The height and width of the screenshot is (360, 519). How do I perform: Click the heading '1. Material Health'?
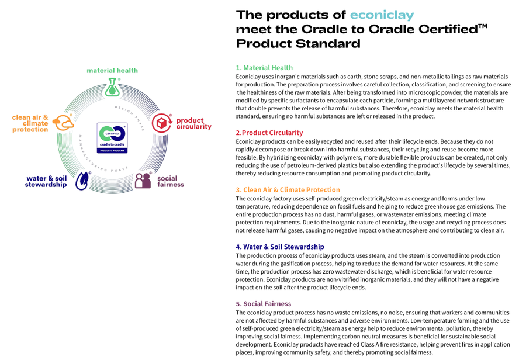[x=264, y=68]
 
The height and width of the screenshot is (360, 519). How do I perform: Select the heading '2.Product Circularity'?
[x=269, y=133]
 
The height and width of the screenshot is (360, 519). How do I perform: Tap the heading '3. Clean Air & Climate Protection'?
[x=288, y=189]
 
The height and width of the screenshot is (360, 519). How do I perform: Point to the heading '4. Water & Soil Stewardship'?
[x=280, y=247]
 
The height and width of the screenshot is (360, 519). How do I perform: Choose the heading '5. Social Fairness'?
[x=263, y=303]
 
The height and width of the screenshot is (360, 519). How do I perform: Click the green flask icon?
[x=113, y=88]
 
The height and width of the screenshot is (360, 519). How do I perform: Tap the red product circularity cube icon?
[x=162, y=123]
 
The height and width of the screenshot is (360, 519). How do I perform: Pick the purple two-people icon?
[x=143, y=180]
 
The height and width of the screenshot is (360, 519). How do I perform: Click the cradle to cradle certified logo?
[x=112, y=138]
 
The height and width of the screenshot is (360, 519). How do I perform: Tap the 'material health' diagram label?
[x=112, y=71]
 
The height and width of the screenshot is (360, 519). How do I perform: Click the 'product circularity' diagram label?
[x=193, y=124]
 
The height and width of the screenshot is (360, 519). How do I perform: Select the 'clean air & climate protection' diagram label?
[x=30, y=123]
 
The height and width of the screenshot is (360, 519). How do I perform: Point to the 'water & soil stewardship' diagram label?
[x=46, y=181]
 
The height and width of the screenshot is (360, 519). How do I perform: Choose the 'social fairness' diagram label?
[x=170, y=181]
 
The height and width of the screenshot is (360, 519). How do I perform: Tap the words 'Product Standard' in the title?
[x=298, y=44]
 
